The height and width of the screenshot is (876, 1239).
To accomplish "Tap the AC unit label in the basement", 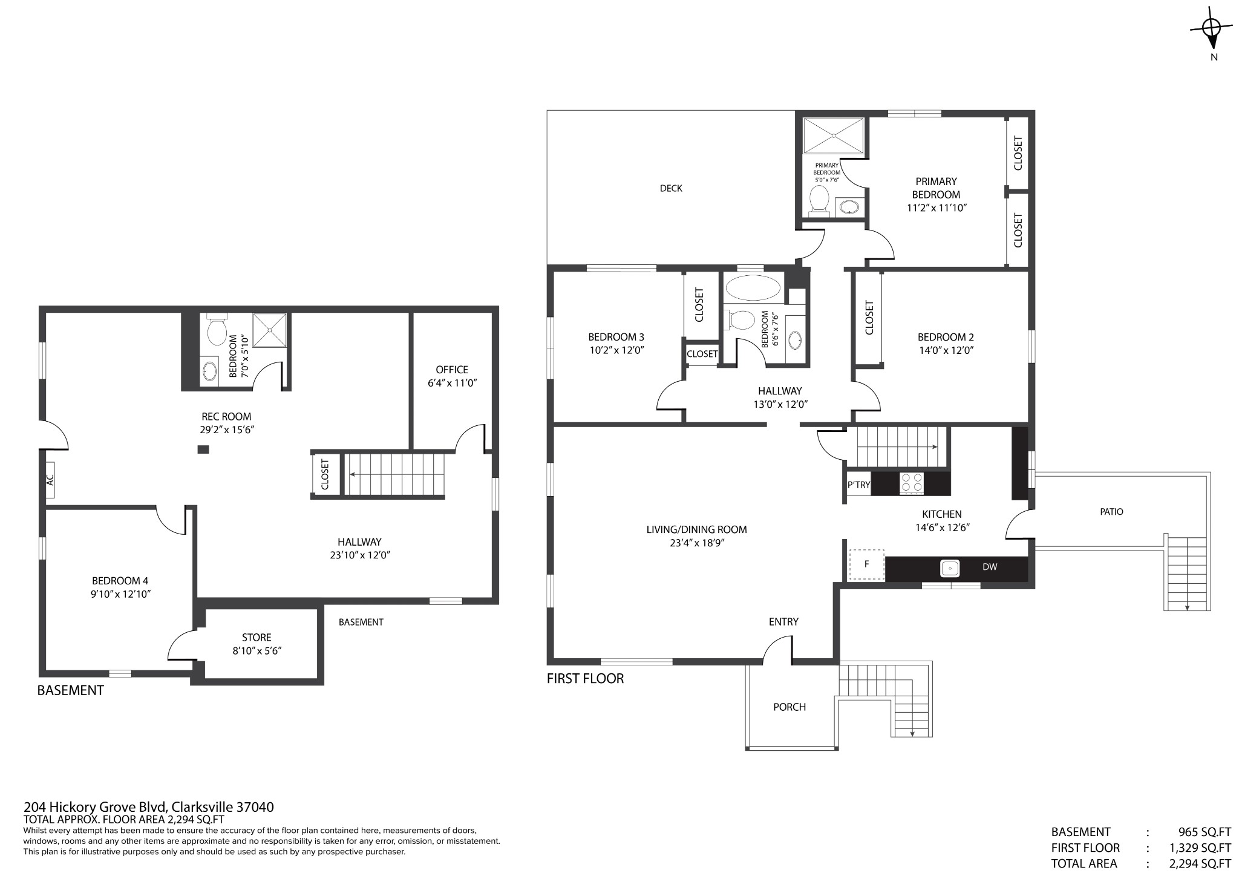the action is (x=50, y=480).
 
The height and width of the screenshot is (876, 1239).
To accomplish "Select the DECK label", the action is (x=671, y=188).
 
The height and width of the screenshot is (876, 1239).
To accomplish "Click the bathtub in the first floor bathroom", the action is (x=753, y=288).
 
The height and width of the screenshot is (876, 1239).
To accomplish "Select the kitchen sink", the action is (x=950, y=568).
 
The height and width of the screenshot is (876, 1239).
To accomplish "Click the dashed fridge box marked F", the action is (x=867, y=564).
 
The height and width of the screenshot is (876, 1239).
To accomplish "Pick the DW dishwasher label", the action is (x=990, y=567).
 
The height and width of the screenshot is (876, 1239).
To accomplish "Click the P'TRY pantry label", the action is (x=858, y=485).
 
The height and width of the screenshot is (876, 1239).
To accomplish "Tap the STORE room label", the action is (x=257, y=638).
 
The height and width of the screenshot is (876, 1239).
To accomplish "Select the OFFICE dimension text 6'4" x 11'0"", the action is (x=452, y=383).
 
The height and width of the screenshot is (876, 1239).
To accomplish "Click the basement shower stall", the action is (x=269, y=330).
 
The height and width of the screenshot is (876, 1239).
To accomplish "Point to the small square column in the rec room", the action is (x=204, y=449).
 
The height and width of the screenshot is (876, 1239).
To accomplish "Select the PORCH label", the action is (x=789, y=707).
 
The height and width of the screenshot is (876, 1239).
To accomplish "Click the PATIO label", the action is (x=1111, y=512).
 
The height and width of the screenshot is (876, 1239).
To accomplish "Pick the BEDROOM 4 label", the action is (x=120, y=581).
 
